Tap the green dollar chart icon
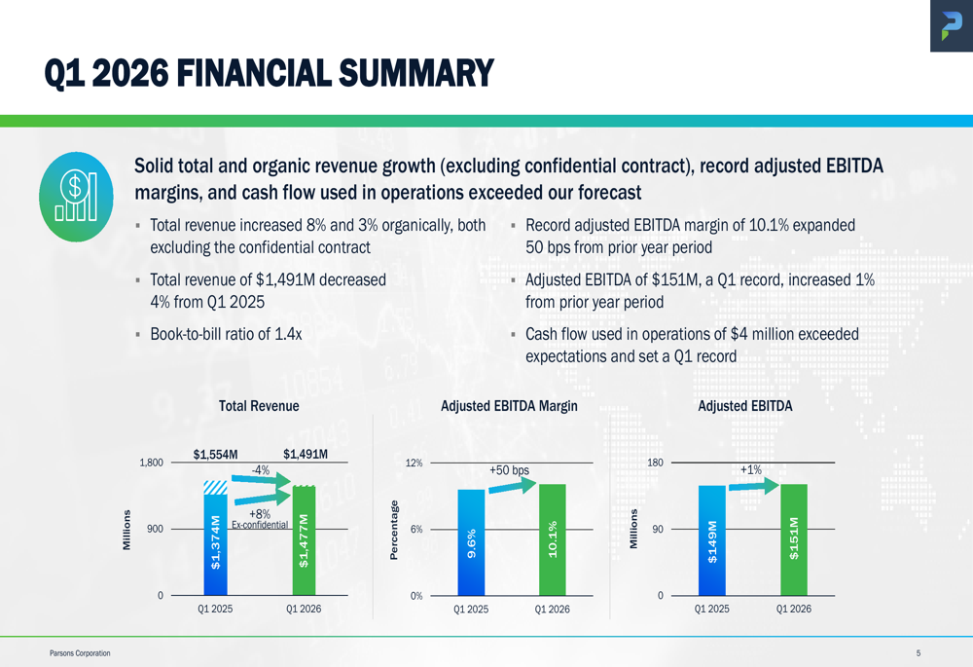coord(76,198)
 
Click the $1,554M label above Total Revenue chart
coord(216,454)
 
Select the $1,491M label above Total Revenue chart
coord(305,454)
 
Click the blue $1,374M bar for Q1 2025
coord(215,545)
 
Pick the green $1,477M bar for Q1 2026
coord(305,541)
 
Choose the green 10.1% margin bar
coord(552,539)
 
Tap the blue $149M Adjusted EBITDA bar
coord(711,540)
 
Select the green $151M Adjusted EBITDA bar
coord(793,539)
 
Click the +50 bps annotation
coord(510,470)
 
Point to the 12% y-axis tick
coord(414,463)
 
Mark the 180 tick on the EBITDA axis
coord(655,463)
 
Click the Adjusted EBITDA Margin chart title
coord(510,406)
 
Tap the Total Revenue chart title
coord(259,406)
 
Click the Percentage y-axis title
coord(394,530)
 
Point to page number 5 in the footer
coord(918,653)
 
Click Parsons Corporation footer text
coord(80,653)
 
